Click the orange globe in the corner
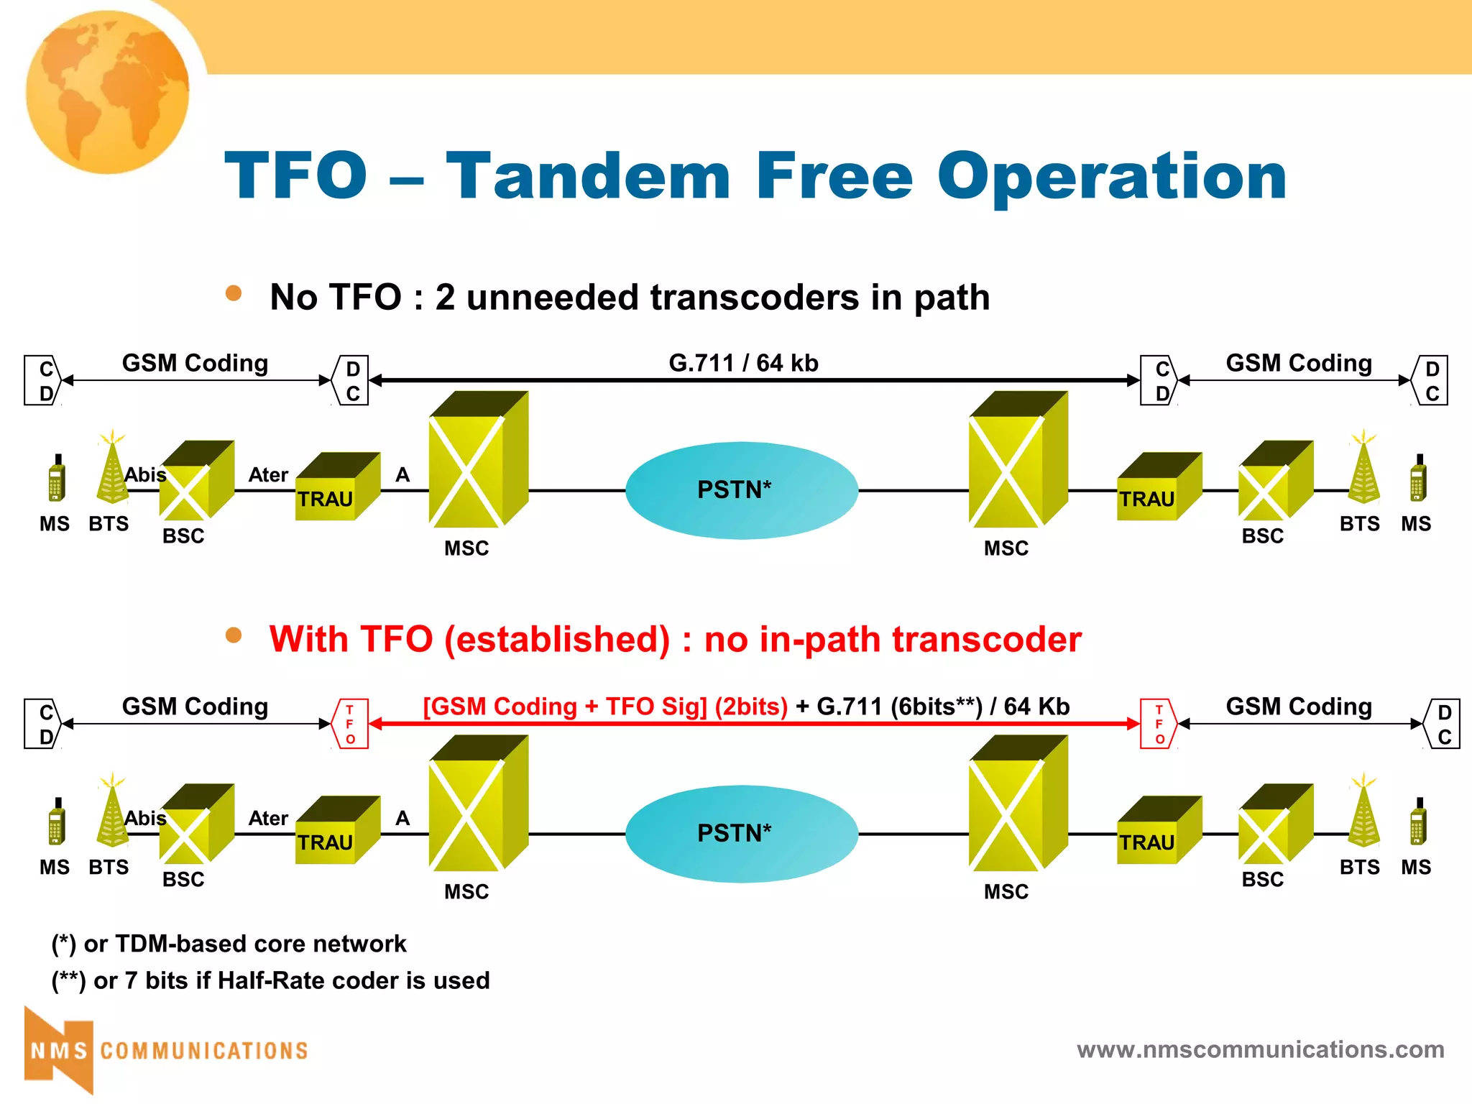108,92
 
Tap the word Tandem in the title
588,176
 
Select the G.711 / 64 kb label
743,363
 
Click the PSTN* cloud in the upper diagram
741,490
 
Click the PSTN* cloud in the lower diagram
741,834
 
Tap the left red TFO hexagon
351,724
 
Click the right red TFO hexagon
1159,724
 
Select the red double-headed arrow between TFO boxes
754,724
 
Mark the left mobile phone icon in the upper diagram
57,479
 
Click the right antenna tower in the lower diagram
1363,812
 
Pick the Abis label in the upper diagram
145,475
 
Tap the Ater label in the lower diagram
268,819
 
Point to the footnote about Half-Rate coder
270,980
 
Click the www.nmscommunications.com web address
1260,1049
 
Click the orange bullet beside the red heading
233,635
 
